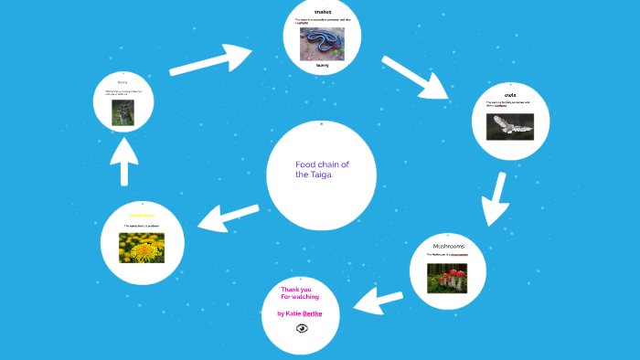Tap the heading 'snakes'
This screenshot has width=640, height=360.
[323, 11]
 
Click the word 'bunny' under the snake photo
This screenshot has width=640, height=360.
[322, 65]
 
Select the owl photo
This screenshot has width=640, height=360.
[509, 125]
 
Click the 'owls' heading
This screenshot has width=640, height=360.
[509, 94]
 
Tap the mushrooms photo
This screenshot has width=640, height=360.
[447, 277]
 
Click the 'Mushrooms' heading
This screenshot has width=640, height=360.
[448, 247]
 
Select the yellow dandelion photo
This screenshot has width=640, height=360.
[142, 247]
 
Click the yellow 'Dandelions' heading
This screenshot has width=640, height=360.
[142, 216]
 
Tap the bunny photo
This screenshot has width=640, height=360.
[123, 112]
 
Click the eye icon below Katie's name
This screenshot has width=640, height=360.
[302, 327]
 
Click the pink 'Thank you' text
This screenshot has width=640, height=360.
[295, 290]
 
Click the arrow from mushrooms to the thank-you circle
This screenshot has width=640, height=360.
[379, 301]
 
